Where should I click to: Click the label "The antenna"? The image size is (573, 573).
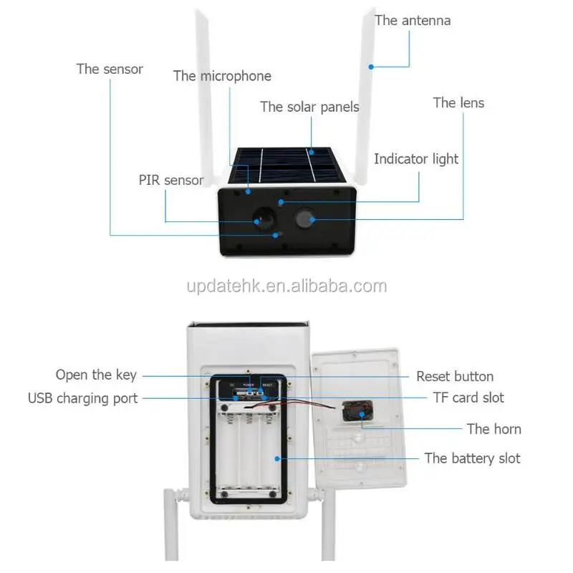(413, 20)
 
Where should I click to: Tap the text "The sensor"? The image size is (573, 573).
(110, 69)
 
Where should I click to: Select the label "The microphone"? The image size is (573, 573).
(222, 76)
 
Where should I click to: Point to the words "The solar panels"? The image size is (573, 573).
(309, 107)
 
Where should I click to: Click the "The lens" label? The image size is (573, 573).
(458, 102)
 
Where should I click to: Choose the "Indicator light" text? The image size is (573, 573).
(416, 159)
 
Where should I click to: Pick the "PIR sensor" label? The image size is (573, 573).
(171, 180)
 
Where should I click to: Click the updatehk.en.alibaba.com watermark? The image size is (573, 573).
(286, 286)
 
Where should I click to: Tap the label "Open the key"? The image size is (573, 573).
(96, 375)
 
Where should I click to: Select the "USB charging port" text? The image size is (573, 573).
(82, 398)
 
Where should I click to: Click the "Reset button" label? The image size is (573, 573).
(455, 376)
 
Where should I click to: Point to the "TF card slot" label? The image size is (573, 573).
(468, 397)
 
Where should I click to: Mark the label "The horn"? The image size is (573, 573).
(493, 429)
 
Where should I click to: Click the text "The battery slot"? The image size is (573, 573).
(472, 458)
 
